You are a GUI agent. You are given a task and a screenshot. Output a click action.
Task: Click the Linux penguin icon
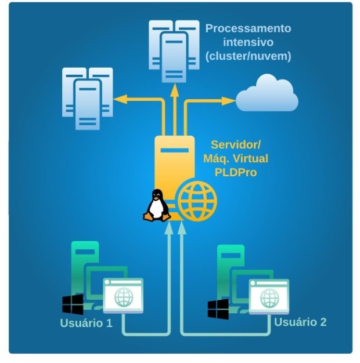click(156, 205)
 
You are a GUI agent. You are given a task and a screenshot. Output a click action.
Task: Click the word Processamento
click(248, 28)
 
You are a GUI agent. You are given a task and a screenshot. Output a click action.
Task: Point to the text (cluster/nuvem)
click(248, 56)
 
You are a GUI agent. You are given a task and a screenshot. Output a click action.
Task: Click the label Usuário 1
click(87, 322)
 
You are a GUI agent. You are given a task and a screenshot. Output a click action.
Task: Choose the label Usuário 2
click(300, 321)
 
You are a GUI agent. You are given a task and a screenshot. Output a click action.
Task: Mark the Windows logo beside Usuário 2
click(218, 308)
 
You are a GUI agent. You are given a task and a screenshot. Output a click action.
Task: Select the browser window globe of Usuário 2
click(269, 297)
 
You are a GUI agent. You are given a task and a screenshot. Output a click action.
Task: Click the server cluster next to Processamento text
click(170, 50)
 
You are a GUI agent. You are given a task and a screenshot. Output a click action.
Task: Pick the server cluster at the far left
click(87, 96)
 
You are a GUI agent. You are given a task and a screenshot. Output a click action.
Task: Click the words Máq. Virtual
click(240, 158)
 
